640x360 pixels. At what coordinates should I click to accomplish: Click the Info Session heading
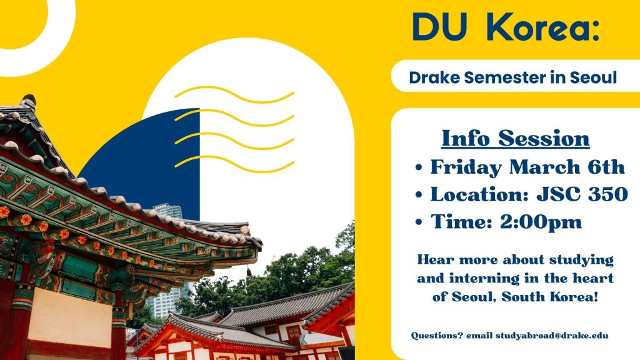coord(516,138)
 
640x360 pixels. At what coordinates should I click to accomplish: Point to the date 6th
coord(606,167)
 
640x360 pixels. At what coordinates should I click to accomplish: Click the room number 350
coord(607,194)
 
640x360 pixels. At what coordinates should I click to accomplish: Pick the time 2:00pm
coord(541,222)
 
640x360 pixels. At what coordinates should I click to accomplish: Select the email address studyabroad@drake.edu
coord(552,336)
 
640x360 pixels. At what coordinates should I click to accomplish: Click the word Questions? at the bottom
coord(437,336)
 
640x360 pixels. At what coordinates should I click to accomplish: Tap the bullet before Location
coord(419,195)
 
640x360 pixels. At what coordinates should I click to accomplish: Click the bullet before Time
coord(419,222)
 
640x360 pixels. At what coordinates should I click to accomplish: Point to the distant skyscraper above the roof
coord(167,211)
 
